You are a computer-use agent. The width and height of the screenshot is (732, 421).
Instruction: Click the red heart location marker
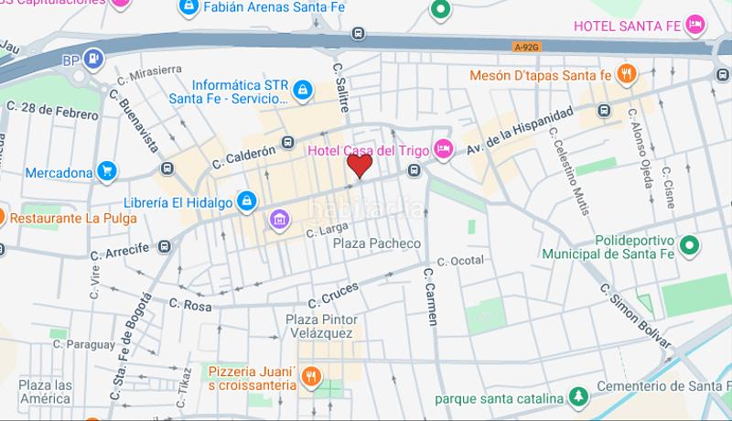360,166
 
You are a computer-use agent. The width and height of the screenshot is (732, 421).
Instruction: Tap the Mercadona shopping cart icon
108,171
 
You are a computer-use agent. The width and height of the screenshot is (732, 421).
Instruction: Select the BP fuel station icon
93,60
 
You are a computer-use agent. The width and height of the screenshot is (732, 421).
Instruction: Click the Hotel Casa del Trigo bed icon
444,148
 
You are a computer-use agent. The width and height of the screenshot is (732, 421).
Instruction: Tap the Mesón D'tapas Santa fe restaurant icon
627,75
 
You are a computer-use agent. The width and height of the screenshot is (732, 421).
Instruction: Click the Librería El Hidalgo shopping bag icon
246,200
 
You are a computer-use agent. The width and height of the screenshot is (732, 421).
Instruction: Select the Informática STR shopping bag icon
304,90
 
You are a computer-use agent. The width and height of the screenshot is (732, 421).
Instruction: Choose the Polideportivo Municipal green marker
691,244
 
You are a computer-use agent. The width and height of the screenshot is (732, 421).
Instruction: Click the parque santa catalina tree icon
578,398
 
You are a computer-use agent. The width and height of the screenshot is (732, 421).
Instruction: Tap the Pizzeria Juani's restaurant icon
311,376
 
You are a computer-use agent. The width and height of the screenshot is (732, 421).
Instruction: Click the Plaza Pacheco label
376,243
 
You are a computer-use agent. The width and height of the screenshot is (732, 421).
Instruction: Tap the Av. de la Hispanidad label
520,130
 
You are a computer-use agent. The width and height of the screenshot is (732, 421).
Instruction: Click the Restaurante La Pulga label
73,218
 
